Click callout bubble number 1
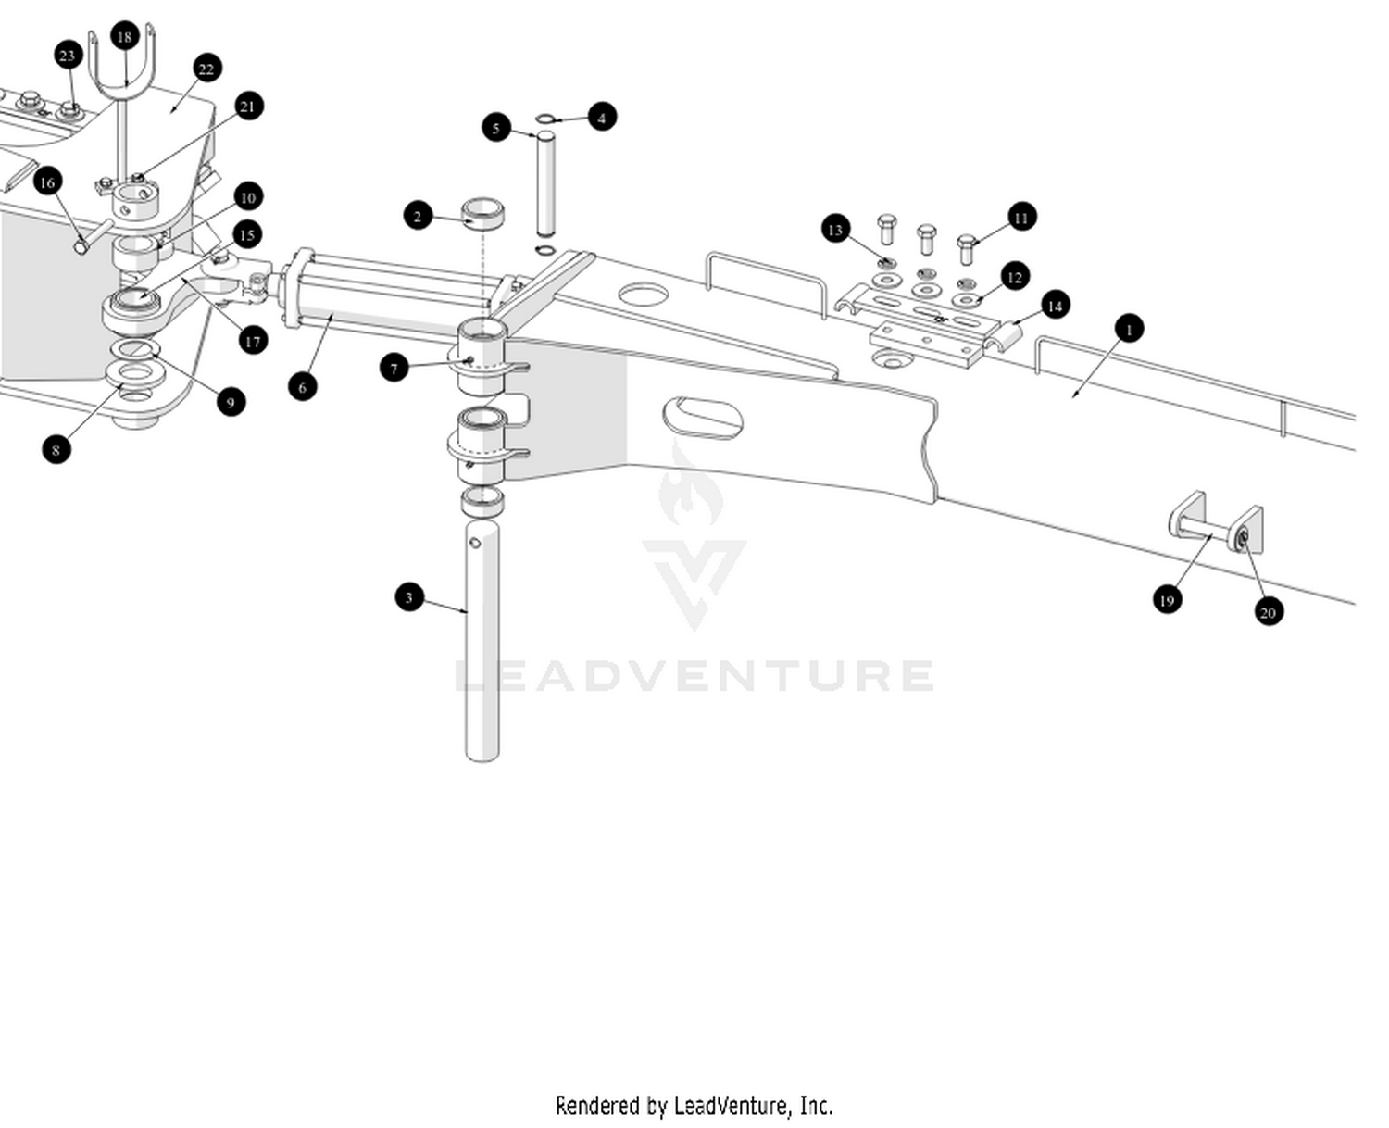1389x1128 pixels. (1128, 329)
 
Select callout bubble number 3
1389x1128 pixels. (409, 597)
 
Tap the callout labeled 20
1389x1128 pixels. (1268, 611)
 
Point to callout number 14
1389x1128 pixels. (1054, 306)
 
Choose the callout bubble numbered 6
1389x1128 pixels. (302, 387)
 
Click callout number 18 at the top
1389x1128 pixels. (124, 37)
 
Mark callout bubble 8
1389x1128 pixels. (56, 450)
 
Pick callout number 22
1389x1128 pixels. (206, 69)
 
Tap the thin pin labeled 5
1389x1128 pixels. (546, 185)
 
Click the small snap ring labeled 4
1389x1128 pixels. (546, 118)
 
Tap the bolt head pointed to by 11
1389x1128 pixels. (967, 245)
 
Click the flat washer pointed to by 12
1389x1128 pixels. (967, 300)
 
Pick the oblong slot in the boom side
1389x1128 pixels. (704, 419)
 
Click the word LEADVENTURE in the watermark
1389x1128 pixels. (694, 675)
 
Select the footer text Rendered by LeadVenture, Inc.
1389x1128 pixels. (694, 1105)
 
